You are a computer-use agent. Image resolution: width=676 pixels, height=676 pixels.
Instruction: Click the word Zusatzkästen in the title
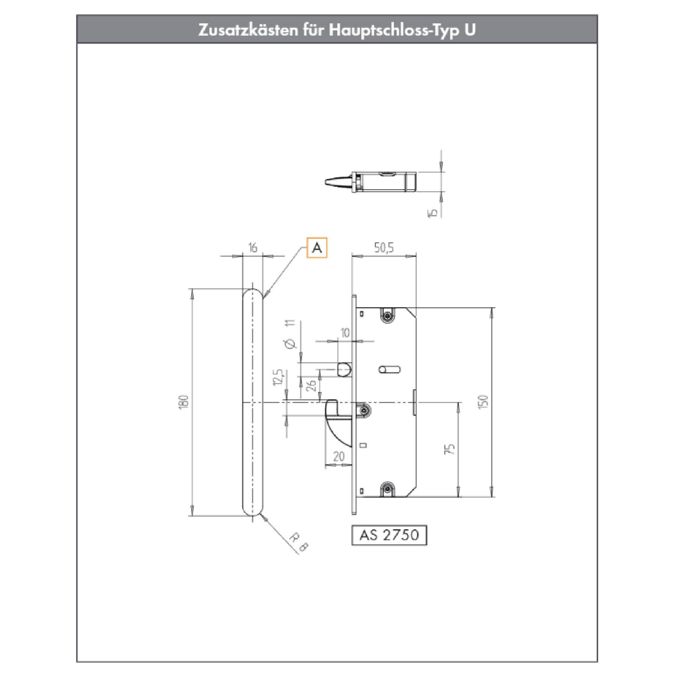(x=247, y=30)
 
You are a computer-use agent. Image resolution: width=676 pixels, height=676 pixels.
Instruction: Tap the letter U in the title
(x=470, y=30)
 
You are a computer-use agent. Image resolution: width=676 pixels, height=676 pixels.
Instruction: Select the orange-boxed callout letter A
(x=317, y=248)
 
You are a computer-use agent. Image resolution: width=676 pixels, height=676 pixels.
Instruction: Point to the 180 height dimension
(x=184, y=402)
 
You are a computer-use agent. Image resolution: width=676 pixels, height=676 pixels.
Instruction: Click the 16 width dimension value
(x=253, y=248)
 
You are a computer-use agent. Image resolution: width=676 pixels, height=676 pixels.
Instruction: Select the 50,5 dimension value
(x=384, y=248)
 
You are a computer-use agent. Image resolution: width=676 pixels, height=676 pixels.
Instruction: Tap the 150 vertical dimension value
(x=484, y=402)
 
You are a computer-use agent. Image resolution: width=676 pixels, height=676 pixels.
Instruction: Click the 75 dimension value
(x=452, y=449)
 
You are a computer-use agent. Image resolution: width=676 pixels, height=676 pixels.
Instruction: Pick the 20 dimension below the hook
(x=339, y=457)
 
